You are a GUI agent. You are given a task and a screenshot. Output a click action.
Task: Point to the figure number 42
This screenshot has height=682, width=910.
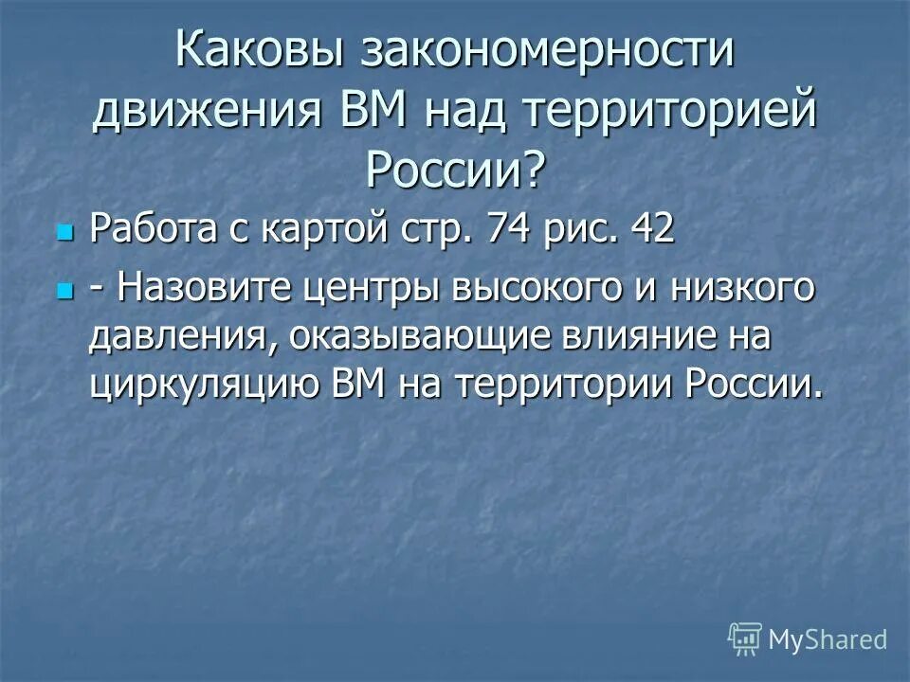click(x=652, y=230)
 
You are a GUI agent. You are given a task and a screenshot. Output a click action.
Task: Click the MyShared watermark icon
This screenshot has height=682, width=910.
click(x=745, y=639)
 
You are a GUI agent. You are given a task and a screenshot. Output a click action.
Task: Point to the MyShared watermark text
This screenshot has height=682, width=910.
click(x=828, y=639)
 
